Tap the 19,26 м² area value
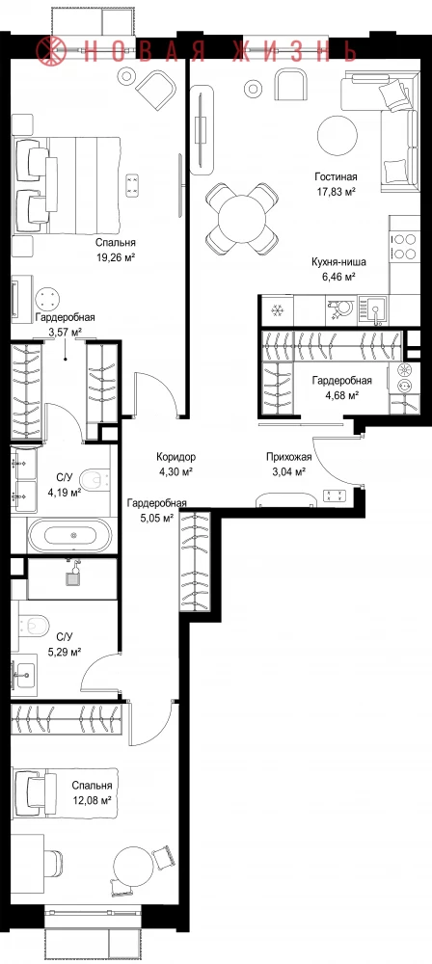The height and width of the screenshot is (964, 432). pyautogui.click(x=115, y=257)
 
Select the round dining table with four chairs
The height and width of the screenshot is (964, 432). pyautogui.click(x=242, y=218)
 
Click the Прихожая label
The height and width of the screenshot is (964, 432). pyautogui.click(x=288, y=457)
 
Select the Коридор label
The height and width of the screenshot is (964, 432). pyautogui.click(x=176, y=457)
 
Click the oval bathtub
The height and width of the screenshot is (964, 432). pyautogui.click(x=70, y=535)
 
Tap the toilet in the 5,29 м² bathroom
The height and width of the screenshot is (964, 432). pyautogui.click(x=33, y=626)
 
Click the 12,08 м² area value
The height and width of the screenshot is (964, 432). pyautogui.click(x=91, y=800)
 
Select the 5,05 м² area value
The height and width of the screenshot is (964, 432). pyautogui.click(x=157, y=517)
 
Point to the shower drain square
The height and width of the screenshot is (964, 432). pyautogui.click(x=72, y=577)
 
